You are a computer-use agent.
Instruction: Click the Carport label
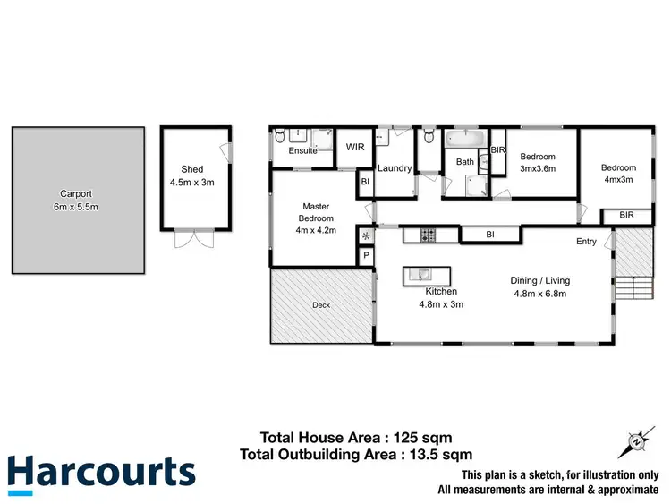click(76, 193)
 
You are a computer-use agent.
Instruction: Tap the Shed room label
click(192, 169)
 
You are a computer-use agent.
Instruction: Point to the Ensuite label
click(302, 150)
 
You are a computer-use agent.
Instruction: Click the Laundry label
click(394, 168)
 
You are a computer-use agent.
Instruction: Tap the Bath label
click(465, 162)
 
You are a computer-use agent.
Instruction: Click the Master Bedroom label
click(317, 212)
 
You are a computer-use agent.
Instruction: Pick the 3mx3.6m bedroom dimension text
click(538, 168)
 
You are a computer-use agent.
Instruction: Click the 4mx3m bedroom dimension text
click(618, 179)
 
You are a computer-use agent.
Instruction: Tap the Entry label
click(586, 242)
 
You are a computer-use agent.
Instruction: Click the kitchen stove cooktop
click(426, 235)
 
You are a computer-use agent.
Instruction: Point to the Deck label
click(321, 305)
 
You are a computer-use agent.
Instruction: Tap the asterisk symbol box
click(366, 236)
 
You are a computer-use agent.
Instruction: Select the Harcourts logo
click(100, 473)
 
